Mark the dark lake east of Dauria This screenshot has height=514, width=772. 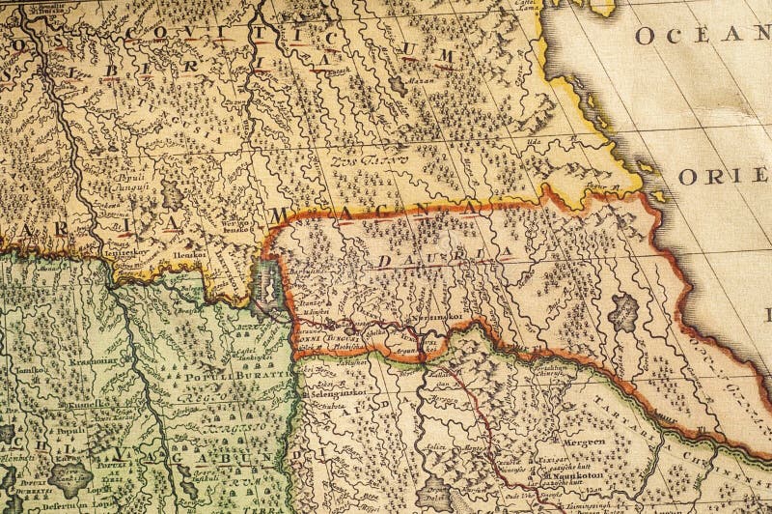coord(626,312)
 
